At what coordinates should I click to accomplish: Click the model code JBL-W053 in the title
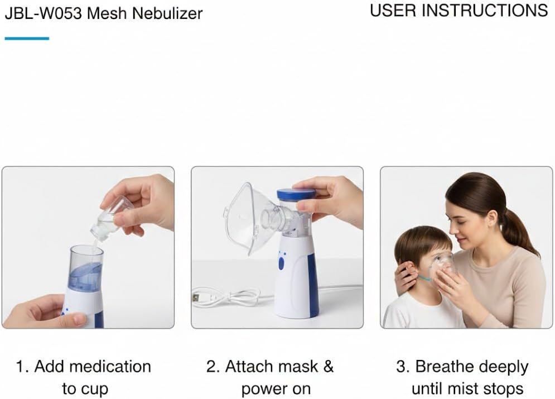click(44, 13)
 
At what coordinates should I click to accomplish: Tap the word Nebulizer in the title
click(167, 13)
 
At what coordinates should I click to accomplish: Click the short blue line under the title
click(27, 39)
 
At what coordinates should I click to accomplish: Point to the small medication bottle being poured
click(110, 218)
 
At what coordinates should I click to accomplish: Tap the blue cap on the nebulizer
click(296, 194)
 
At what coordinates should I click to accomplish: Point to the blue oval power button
click(281, 264)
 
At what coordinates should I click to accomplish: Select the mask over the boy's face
click(441, 266)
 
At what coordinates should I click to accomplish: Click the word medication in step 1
click(110, 367)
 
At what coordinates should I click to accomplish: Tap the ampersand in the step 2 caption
click(329, 367)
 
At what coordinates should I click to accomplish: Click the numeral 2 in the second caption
click(211, 367)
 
